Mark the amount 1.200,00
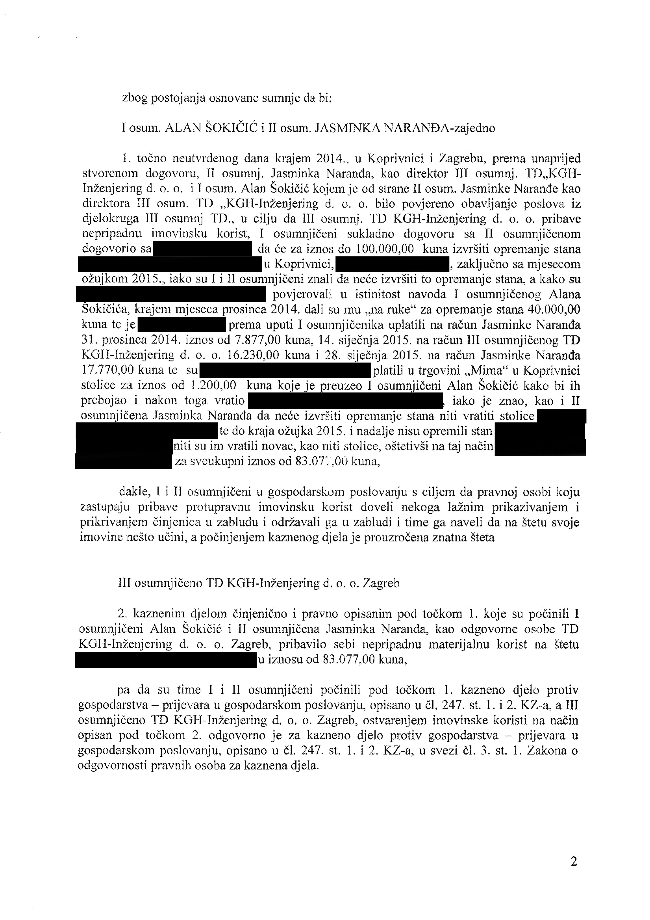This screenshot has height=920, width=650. point(213,385)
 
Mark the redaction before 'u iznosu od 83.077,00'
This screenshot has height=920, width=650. point(165,660)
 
